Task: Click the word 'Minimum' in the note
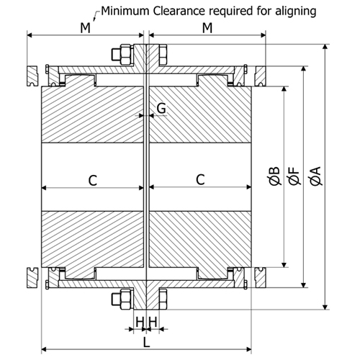click(125, 11)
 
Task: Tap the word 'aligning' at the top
click(296, 12)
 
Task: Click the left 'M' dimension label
click(85, 28)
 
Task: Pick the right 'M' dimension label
click(207, 28)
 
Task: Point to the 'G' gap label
click(161, 108)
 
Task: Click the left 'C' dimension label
click(93, 180)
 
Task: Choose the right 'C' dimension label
click(200, 180)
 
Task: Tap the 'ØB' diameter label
click(274, 176)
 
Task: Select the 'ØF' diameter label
click(294, 176)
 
